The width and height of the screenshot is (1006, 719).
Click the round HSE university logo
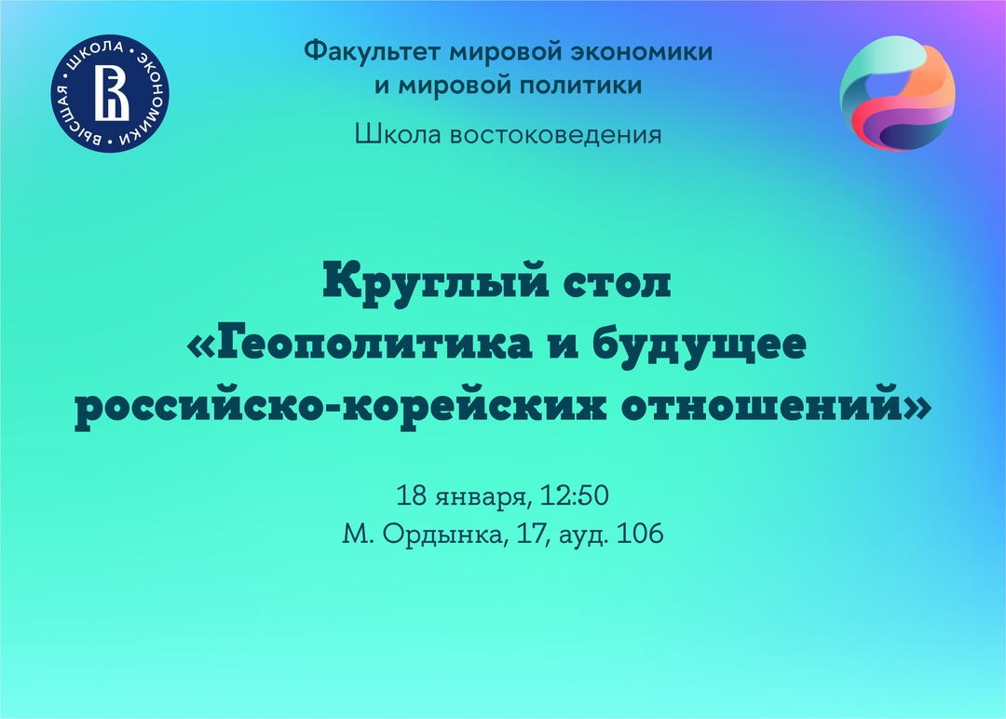pyautogui.click(x=110, y=93)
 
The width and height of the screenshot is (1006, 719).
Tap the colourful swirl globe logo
pyautogui.click(x=898, y=94)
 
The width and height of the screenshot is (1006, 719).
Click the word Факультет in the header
pyautogui.click(x=372, y=51)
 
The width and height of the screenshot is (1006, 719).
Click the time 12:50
pyautogui.click(x=574, y=495)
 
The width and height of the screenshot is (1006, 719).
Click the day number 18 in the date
pyautogui.click(x=412, y=495)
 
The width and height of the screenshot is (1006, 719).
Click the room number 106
pyautogui.click(x=640, y=534)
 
